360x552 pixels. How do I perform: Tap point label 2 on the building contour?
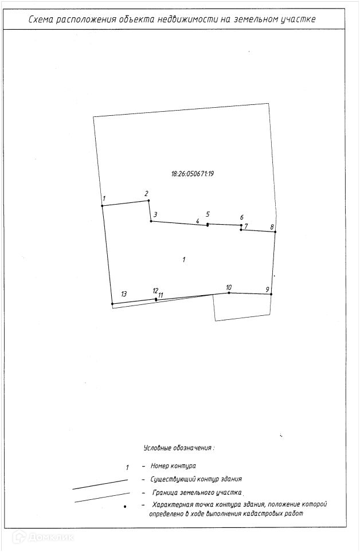[x=146, y=193]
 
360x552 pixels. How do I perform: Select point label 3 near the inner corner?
[x=155, y=214]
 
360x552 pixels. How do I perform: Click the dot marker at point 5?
[x=208, y=225]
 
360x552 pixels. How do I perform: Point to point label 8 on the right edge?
[x=273, y=227]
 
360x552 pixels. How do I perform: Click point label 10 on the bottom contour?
[x=229, y=287]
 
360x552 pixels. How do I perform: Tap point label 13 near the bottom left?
[x=124, y=293]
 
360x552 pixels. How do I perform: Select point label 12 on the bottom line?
[x=155, y=291]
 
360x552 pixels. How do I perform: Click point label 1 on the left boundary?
[x=104, y=199]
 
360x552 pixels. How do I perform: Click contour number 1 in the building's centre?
[x=183, y=260]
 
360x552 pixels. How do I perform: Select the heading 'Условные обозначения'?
[x=178, y=447]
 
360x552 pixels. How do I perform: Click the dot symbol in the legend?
[x=125, y=506]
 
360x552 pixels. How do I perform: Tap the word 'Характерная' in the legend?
[x=173, y=505]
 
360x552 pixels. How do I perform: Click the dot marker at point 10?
[x=229, y=293]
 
